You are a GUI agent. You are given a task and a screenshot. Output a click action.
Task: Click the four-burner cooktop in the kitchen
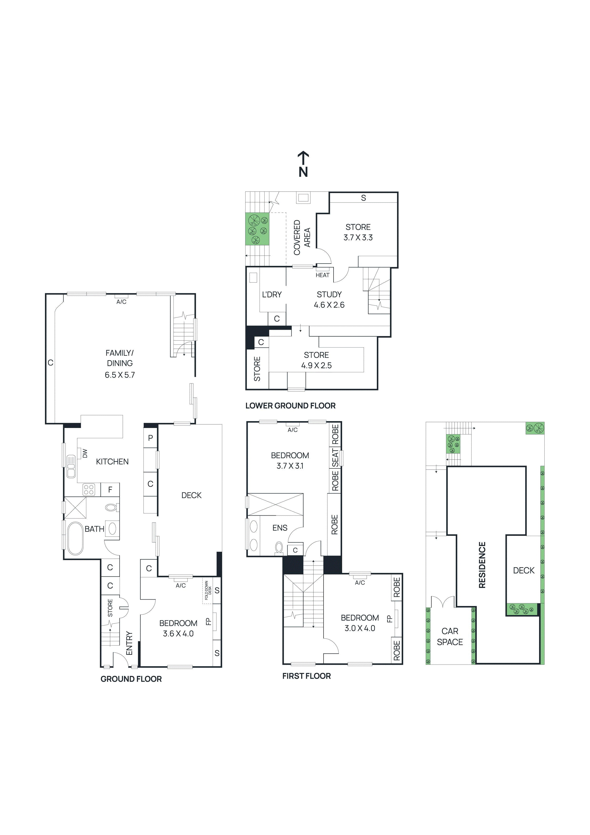click(x=89, y=490)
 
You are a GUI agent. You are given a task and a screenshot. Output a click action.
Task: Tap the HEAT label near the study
click(x=322, y=275)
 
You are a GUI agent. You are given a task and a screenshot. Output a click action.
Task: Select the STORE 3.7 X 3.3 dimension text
click(x=358, y=238)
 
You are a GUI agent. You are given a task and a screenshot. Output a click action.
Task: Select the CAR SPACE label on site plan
click(x=450, y=636)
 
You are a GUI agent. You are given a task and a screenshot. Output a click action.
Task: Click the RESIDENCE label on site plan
click(x=482, y=565)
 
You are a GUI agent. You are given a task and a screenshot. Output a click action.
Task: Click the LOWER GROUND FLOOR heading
click(x=290, y=406)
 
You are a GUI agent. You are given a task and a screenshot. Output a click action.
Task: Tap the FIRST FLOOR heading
click(x=306, y=676)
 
